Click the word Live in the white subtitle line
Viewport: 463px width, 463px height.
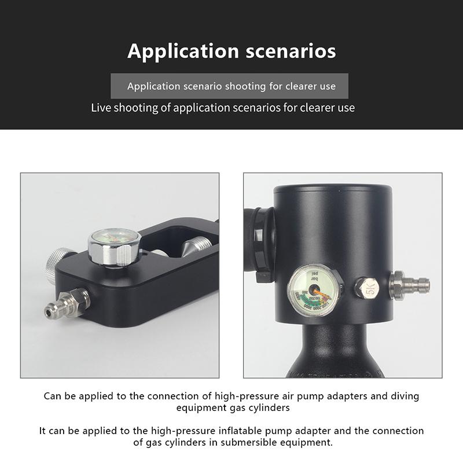102,108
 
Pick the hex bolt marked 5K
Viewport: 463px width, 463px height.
366,287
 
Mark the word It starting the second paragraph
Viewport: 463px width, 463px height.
43,431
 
